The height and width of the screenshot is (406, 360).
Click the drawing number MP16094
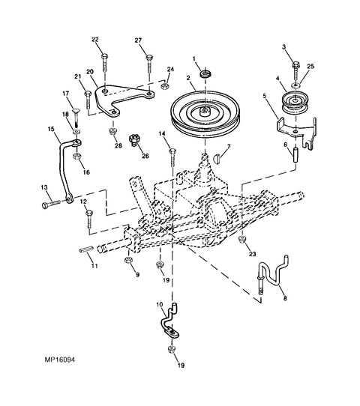pyautogui.click(x=59, y=360)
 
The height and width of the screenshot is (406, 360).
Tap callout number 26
pyautogui.click(x=145, y=156)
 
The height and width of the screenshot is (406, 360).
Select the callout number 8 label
pyautogui.click(x=285, y=298)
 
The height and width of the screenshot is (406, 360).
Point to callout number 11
pyautogui.click(x=94, y=266)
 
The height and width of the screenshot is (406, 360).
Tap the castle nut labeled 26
pyautogui.click(x=134, y=140)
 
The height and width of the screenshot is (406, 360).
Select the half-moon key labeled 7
pyautogui.click(x=217, y=159)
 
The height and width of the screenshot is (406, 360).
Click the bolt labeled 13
pyautogui.click(x=51, y=204)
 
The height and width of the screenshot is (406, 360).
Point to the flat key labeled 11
pyautogui.click(x=85, y=249)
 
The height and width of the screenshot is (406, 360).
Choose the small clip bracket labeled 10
pyautogui.click(x=169, y=322)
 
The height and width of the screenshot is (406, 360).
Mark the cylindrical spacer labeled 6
pyautogui.click(x=295, y=155)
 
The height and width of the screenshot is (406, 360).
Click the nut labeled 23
pyautogui.click(x=242, y=239)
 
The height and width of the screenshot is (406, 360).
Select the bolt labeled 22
pyautogui.click(x=104, y=64)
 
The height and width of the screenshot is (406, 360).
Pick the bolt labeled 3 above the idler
pyautogui.click(x=296, y=70)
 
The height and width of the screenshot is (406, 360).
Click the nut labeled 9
pyautogui.click(x=128, y=260)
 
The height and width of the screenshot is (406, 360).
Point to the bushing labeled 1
pyautogui.click(x=205, y=73)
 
